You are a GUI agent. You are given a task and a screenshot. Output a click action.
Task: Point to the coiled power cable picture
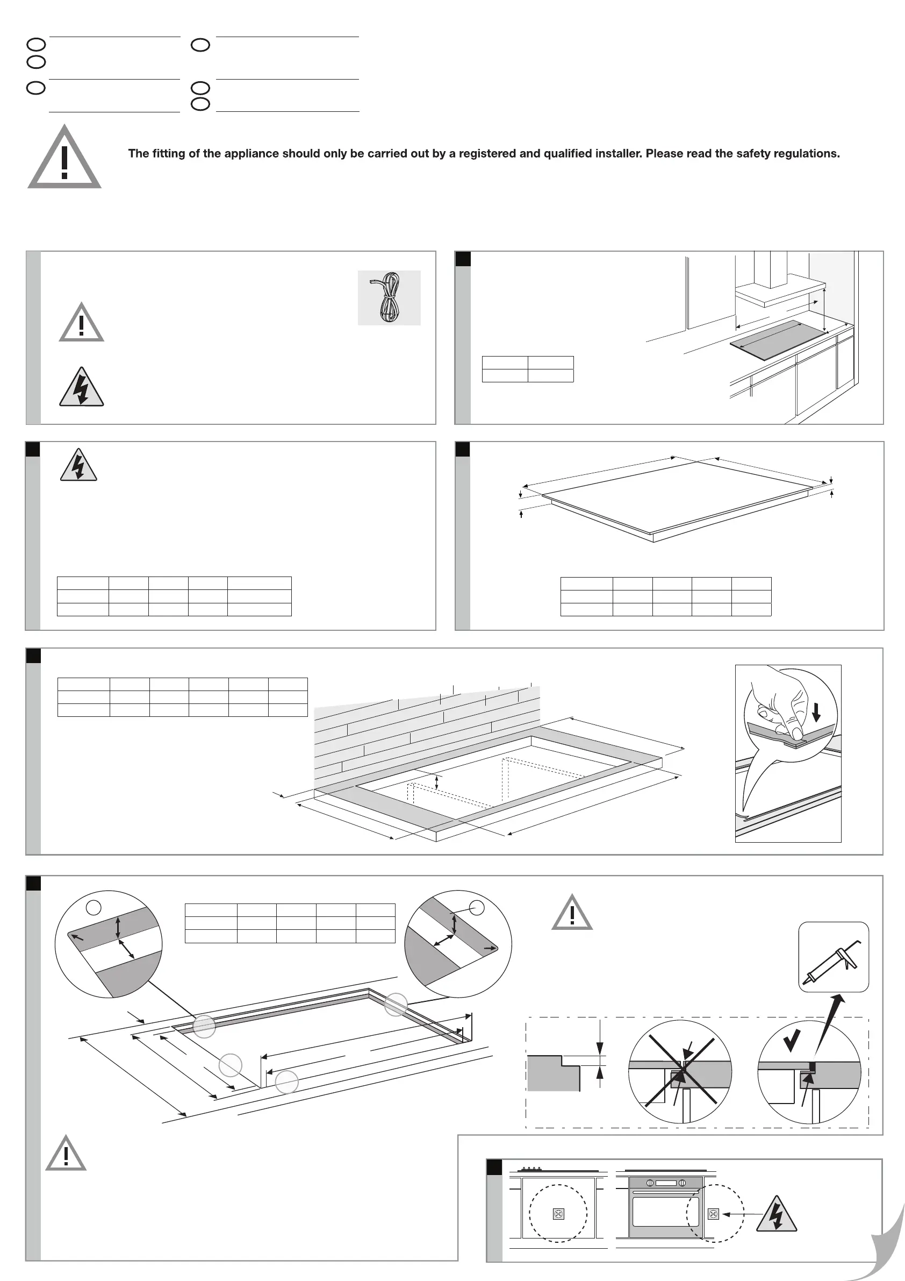click(x=389, y=298)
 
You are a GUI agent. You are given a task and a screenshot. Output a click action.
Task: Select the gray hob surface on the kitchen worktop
click(x=778, y=340)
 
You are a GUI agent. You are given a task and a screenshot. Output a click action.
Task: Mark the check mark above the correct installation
click(x=792, y=1038)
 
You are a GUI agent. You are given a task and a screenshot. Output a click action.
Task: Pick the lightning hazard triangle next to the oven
click(x=776, y=1215)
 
